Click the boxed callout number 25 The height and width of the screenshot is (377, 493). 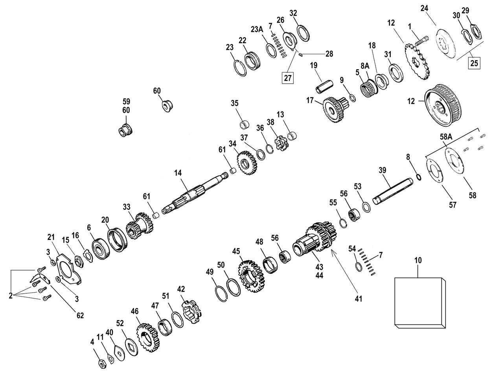click(474, 62)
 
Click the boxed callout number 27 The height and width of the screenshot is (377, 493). click(288, 78)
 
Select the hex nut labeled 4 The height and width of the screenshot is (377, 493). click(101, 364)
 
